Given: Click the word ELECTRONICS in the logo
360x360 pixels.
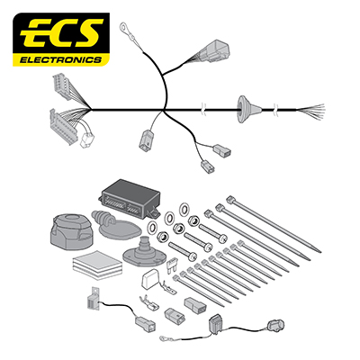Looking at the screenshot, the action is [60, 60].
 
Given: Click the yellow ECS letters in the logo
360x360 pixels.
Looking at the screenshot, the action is [62, 33].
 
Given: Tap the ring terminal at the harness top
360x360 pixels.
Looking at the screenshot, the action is [123, 27].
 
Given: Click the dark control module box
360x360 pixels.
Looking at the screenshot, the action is [130, 197].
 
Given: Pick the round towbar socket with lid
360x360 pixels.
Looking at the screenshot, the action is [71, 231].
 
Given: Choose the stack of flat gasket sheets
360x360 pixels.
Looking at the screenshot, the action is [97, 265].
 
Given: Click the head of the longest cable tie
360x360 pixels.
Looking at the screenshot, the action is [229, 199].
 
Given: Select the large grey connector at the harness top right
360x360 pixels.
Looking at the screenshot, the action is [215, 50].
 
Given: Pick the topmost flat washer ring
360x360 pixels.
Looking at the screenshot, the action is [184, 209].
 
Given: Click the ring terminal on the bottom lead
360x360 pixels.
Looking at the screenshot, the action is [165, 337].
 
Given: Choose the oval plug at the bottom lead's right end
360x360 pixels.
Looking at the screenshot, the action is [275, 326].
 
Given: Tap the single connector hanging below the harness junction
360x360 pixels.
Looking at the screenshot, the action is [146, 139].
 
